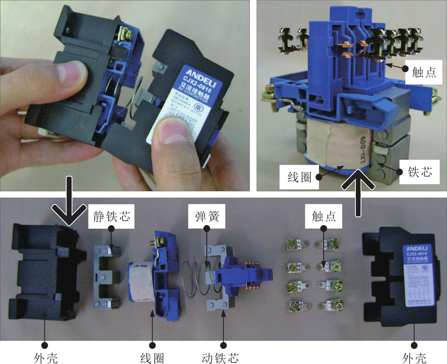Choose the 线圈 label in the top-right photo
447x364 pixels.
296,176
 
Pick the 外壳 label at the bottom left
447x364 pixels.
45,358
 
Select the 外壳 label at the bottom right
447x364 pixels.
414,358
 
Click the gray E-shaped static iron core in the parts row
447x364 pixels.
106,277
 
